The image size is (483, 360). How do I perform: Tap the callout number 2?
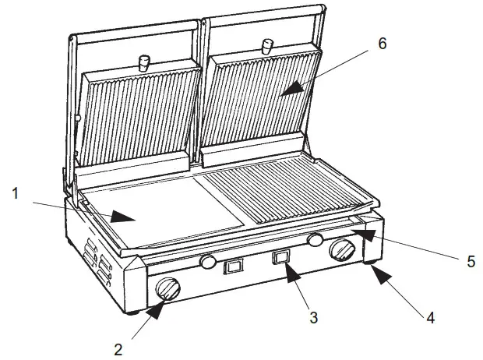(118, 349)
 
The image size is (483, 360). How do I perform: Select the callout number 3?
(313, 317)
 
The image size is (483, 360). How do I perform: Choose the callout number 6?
(382, 43)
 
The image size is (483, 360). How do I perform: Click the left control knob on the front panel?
(167, 290)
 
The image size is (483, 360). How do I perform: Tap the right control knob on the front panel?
(343, 250)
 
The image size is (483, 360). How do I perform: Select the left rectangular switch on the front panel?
(231, 268)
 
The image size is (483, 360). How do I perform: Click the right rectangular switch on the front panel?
(282, 258)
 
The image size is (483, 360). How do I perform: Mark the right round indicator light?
(316, 239)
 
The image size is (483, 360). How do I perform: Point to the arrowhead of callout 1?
(117, 218)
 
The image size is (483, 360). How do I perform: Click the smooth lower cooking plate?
(148, 214)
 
